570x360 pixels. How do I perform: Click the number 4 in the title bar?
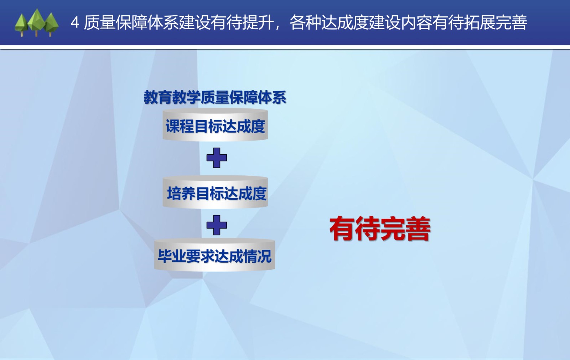tap(74, 22)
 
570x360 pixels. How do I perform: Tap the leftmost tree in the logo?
tap(21, 25)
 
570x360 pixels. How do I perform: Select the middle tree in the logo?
tap(37, 22)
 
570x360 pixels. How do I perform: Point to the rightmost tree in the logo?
tap(51, 25)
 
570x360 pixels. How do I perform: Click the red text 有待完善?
tap(380, 229)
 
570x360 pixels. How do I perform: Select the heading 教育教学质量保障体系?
tap(215, 97)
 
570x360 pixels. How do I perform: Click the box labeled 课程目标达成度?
tap(215, 125)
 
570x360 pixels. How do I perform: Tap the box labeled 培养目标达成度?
tap(215, 192)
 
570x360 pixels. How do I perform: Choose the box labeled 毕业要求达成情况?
tap(214, 254)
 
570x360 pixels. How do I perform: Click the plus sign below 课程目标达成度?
tap(217, 158)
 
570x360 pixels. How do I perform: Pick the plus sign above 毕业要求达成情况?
tap(217, 225)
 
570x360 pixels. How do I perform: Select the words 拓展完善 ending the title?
tap(495, 22)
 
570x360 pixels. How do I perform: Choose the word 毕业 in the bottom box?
tap(171, 256)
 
